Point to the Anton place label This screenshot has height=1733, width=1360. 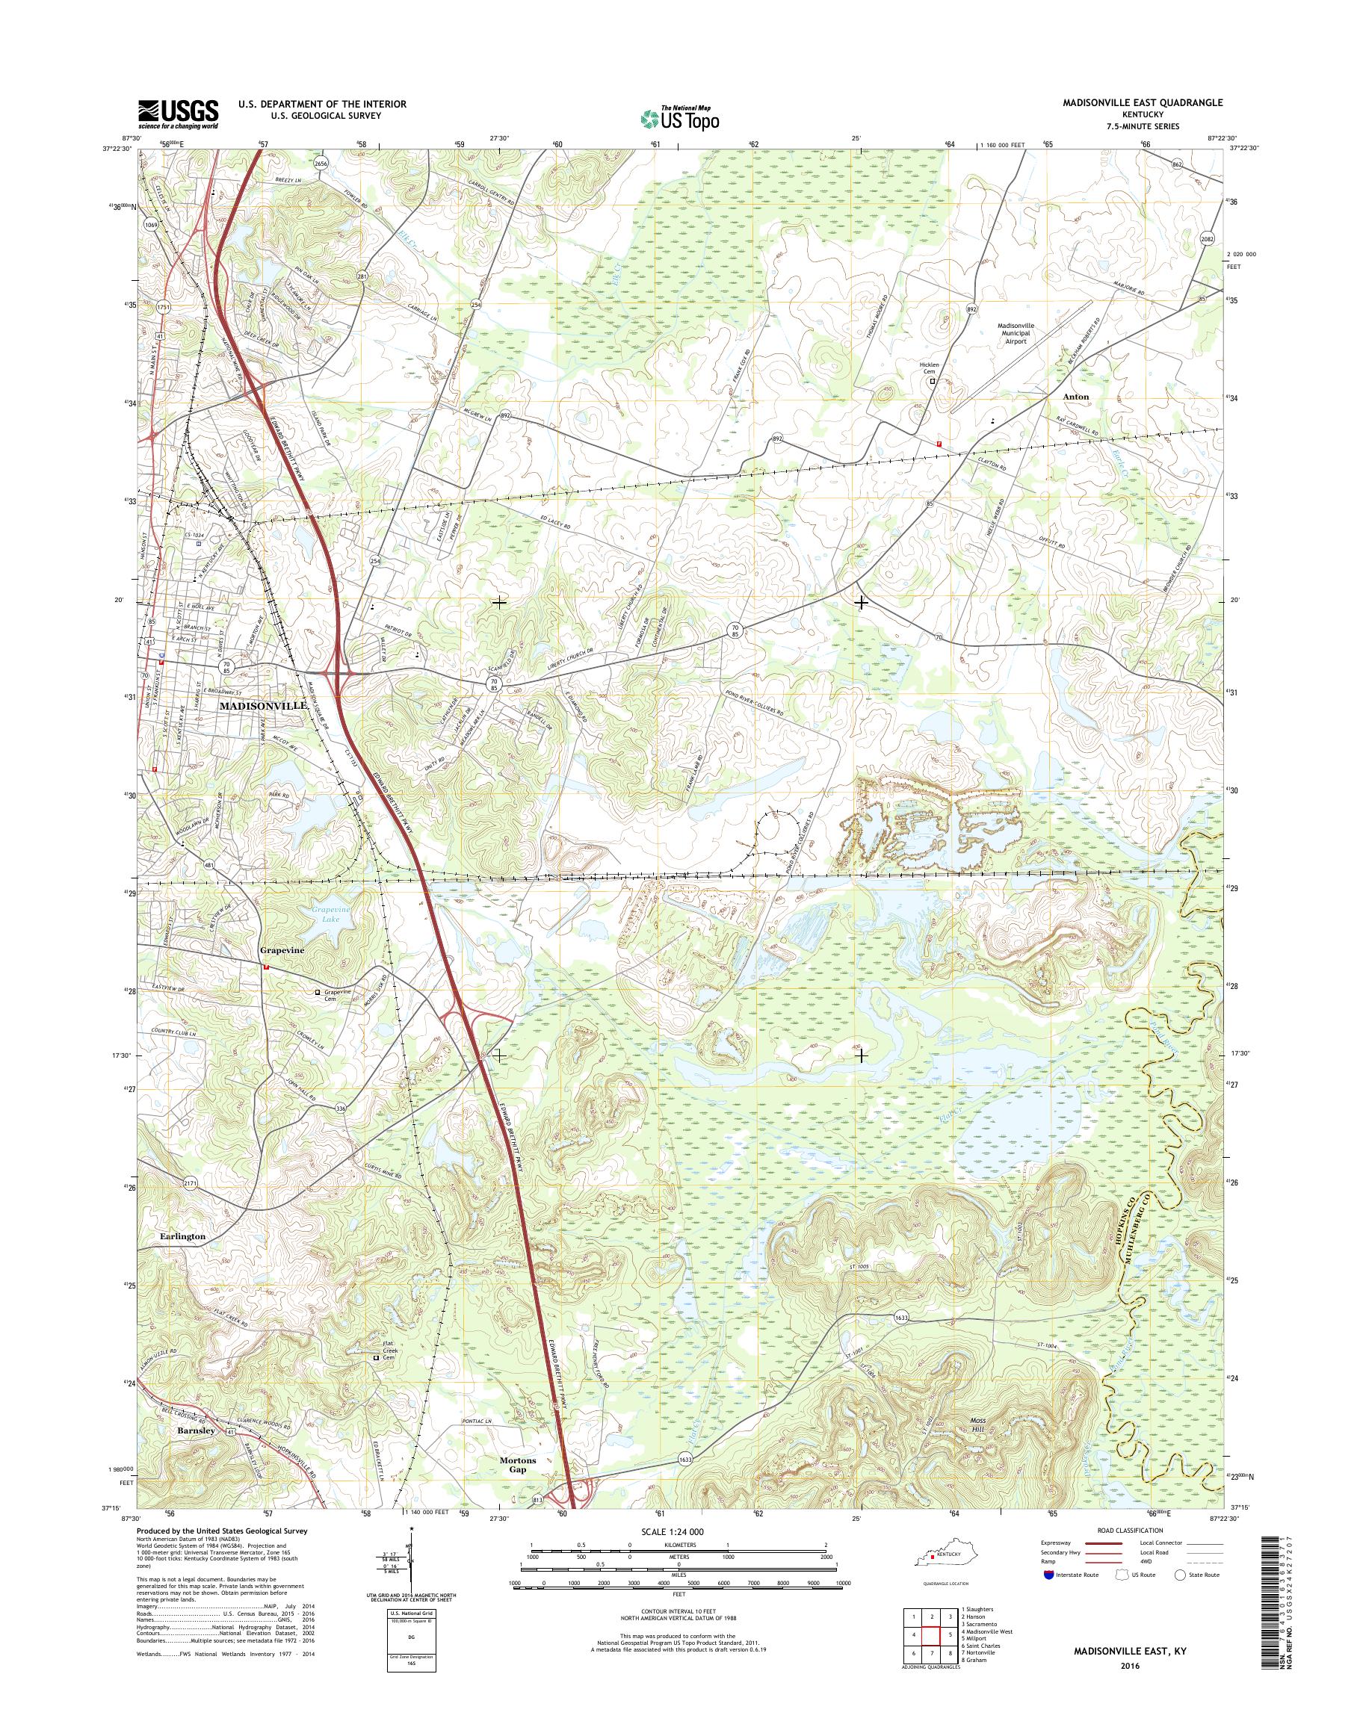pyautogui.click(x=1075, y=397)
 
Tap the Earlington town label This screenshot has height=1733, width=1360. pyautogui.click(x=182, y=1236)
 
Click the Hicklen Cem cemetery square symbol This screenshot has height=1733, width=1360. pyautogui.click(x=933, y=381)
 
